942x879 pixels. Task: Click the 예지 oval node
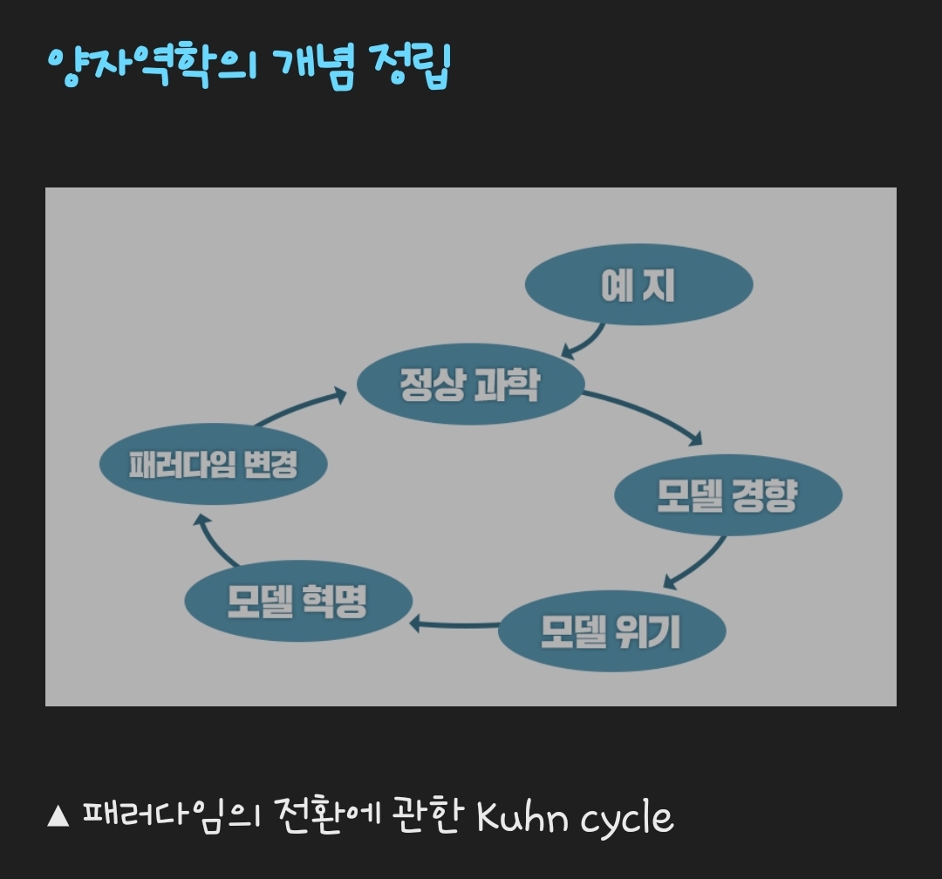(x=638, y=286)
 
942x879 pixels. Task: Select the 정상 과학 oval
(x=470, y=385)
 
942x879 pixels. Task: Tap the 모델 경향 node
(x=727, y=495)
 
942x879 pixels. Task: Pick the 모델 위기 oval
(x=611, y=631)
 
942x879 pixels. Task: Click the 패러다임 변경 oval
(x=214, y=465)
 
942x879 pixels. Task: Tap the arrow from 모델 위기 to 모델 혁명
(x=454, y=623)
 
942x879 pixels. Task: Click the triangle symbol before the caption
(x=58, y=817)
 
